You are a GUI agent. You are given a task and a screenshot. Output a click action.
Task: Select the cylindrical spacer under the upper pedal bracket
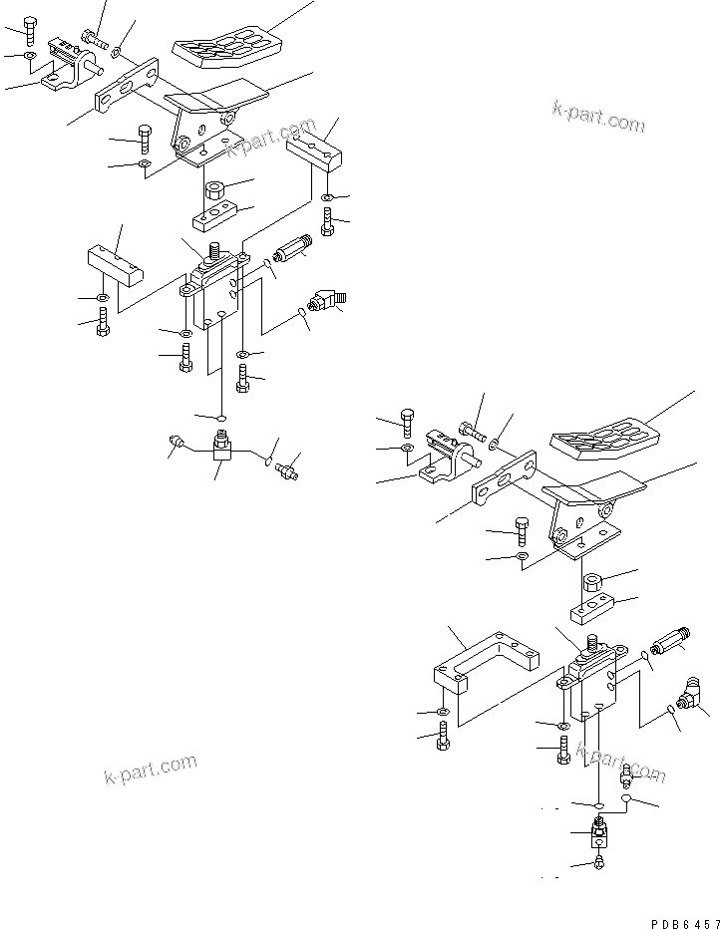point(215,189)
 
